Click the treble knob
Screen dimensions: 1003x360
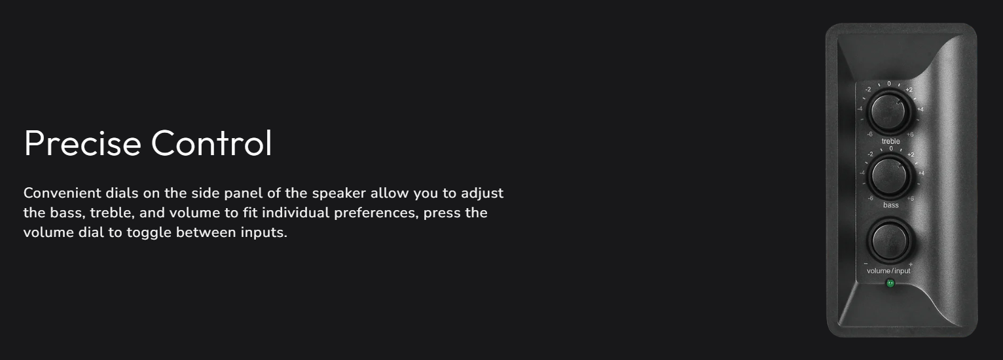tap(889, 111)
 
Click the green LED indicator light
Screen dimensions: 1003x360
tap(890, 283)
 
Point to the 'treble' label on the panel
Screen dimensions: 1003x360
tap(890, 141)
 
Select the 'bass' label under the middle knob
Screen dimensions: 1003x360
tap(890, 205)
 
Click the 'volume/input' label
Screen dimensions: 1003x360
tap(888, 271)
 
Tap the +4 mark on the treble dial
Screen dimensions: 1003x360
tap(920, 109)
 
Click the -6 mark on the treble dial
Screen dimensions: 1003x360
tap(869, 134)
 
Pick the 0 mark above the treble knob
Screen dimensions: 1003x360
tap(889, 84)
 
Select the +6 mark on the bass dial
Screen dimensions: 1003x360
tap(910, 198)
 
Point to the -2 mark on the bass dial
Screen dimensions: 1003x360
tap(870, 154)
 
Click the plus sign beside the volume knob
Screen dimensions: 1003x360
tap(910, 264)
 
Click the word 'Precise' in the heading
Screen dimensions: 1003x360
tap(83, 143)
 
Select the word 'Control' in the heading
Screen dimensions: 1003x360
tap(211, 143)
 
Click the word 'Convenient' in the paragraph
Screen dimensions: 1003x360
tap(62, 193)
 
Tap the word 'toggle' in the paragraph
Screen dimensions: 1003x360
tap(149, 233)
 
